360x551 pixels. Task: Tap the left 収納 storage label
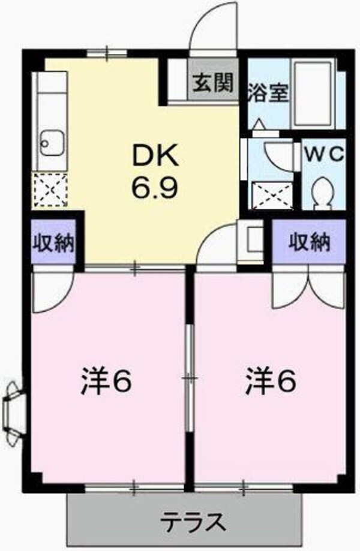(53, 243)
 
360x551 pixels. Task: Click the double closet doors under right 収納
(308, 288)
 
